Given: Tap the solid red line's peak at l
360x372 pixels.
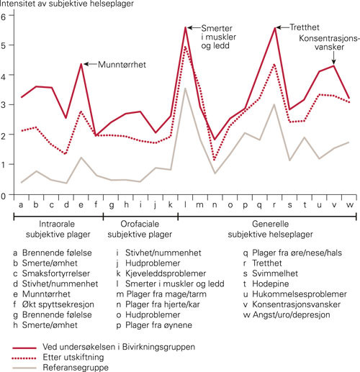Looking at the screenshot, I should [186, 27].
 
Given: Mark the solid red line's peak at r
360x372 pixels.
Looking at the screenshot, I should [276, 27].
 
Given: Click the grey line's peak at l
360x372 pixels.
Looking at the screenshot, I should [186, 89].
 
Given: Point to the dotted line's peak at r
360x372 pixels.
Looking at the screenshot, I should [276, 65].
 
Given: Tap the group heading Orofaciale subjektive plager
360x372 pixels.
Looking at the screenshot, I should [140, 230].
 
